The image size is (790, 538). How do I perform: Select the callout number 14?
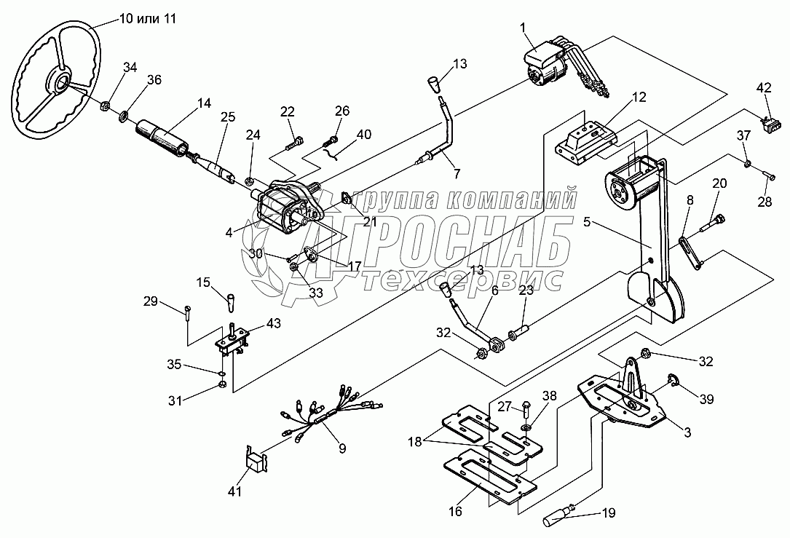tap(205, 104)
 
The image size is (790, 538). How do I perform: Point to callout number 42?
tap(763, 88)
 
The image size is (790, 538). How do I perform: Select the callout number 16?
tap(455, 512)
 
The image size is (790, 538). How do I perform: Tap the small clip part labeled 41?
tap(254, 461)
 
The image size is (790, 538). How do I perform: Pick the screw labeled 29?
tap(189, 312)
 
